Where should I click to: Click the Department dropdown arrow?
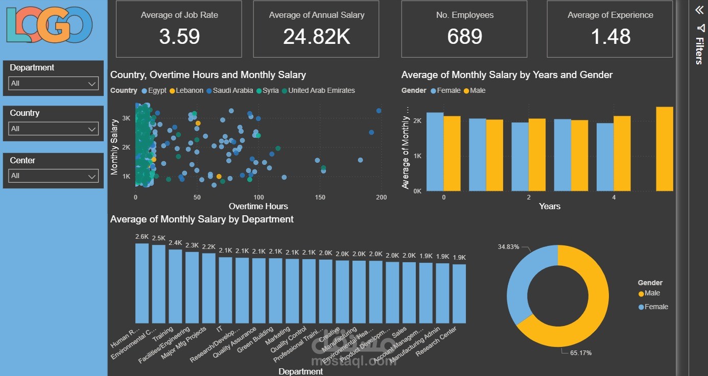point(92,84)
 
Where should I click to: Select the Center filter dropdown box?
point(53,176)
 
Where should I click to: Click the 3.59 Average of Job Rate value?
point(179,37)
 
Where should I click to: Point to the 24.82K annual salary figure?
point(317,37)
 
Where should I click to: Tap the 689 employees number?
point(464,37)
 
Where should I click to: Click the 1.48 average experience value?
point(610,37)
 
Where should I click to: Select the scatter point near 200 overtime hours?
point(379,111)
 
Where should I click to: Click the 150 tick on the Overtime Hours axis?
point(320,197)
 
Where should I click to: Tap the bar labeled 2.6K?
point(141,283)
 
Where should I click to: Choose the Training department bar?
point(175,286)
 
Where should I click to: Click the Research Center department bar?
point(459,293)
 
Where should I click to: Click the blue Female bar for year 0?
point(435,152)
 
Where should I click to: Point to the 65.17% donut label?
point(580,353)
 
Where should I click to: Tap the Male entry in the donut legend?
point(652,293)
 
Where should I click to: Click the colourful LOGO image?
point(50,24)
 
